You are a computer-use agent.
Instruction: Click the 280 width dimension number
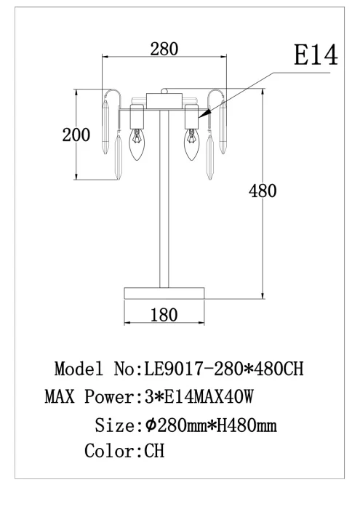pos(164,49)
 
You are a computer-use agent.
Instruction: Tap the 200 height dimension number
pos(76,135)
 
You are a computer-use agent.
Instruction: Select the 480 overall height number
pos(263,191)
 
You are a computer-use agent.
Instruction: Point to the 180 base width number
pos(164,315)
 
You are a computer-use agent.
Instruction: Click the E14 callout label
pos(316,55)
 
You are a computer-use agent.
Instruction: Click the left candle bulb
pos(136,145)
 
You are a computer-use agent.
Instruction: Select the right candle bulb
pos(191,145)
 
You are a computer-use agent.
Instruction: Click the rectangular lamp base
pos(164,293)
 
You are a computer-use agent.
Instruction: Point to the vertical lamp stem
pos(164,199)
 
